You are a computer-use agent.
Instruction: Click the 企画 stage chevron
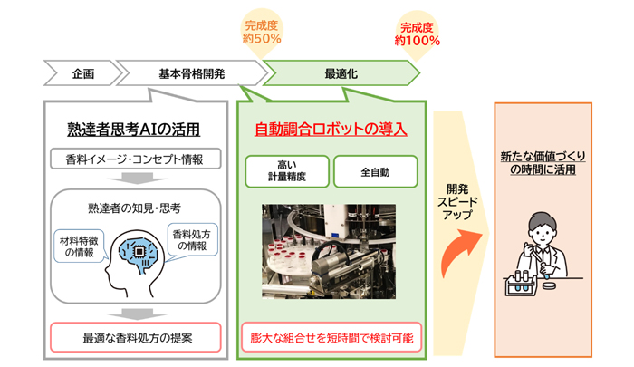pyautogui.click(x=83, y=73)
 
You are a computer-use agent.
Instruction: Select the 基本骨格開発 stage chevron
pyautogui.click(x=192, y=73)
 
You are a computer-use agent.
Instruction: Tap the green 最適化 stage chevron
pyautogui.click(x=341, y=73)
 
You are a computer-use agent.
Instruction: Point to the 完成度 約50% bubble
pyautogui.click(x=262, y=33)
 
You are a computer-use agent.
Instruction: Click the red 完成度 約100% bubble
pyautogui.click(x=417, y=34)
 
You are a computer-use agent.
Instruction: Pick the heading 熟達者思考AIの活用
pyautogui.click(x=133, y=129)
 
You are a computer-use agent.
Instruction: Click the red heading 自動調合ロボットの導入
pyautogui.click(x=331, y=129)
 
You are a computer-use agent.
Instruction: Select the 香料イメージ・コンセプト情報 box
pyautogui.click(x=136, y=159)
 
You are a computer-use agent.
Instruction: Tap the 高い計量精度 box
pyautogui.click(x=287, y=171)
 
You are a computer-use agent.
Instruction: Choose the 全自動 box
pyautogui.click(x=375, y=171)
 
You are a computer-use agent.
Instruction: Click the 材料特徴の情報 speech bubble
pyautogui.click(x=80, y=246)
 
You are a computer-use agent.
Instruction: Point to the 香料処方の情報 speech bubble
pyautogui.click(x=192, y=240)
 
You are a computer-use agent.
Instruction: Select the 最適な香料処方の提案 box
pyautogui.click(x=136, y=337)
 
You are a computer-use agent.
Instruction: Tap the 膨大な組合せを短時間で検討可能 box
pyautogui.click(x=331, y=337)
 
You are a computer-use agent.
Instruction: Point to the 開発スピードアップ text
pyautogui.click(x=457, y=202)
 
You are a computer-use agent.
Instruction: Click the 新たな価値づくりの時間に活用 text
pyautogui.click(x=543, y=163)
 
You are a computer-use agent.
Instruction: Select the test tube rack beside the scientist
pyautogui.click(x=521, y=283)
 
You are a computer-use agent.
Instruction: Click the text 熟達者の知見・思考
pyautogui.click(x=134, y=208)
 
